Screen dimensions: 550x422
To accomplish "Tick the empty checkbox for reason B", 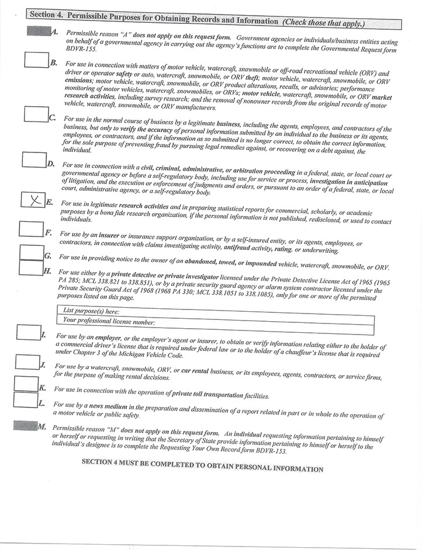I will click(36, 60).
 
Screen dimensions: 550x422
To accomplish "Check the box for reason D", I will click(34, 159).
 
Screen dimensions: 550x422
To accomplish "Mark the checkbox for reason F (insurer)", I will click(32, 228).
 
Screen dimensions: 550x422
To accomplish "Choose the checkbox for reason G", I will click(32, 251).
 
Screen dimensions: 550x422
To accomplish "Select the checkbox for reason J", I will click(26, 361).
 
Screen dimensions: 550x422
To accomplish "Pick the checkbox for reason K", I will click(26, 383).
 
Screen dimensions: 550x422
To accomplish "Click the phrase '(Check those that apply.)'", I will click(323, 23).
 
